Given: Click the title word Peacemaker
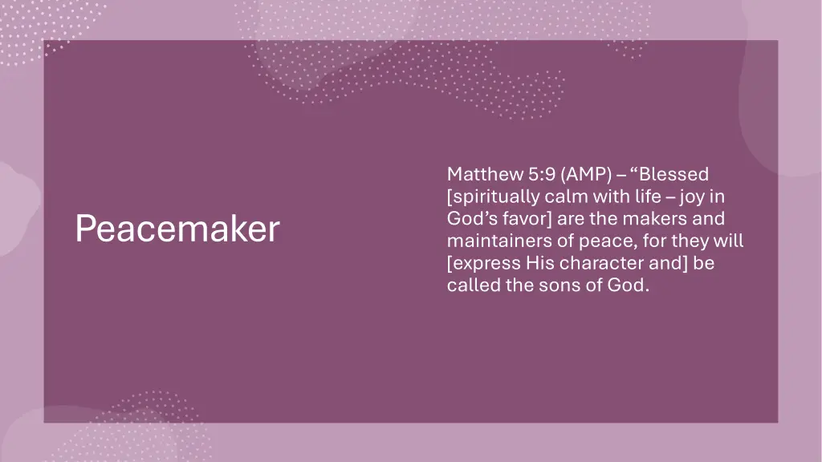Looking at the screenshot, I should point(177,229).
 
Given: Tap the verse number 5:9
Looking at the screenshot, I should point(543,174).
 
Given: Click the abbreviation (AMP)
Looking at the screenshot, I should point(588,174).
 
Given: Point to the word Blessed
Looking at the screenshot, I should point(678,174).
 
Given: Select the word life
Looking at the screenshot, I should point(646,197).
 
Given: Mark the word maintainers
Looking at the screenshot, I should point(493,241).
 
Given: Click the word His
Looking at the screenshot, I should point(542,263).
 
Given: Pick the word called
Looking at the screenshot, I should point(473,286).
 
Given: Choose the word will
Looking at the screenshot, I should point(730,241).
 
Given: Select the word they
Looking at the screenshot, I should point(692,241).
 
